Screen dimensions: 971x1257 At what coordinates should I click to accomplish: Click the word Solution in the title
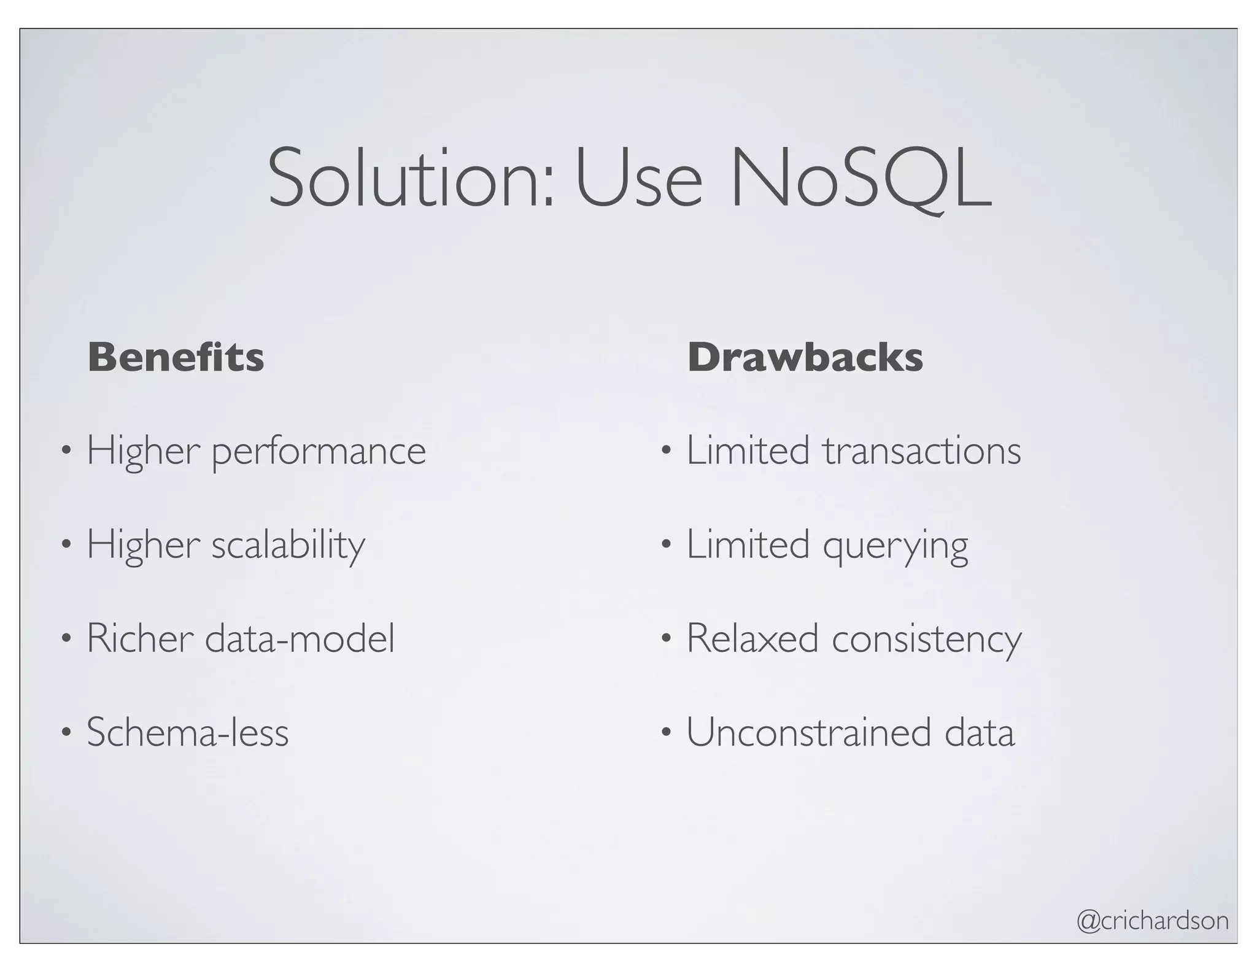tap(411, 178)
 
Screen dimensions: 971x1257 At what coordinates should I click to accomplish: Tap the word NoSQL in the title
tap(859, 178)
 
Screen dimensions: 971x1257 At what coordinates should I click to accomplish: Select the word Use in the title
tap(638, 178)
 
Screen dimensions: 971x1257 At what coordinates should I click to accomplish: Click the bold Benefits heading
tap(176, 357)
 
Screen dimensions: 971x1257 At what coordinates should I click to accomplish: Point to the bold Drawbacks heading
tap(805, 357)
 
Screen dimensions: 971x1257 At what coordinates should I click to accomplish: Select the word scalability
tap(288, 545)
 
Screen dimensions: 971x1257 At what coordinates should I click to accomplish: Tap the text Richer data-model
tap(241, 638)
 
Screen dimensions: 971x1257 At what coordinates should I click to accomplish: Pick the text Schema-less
tap(187, 732)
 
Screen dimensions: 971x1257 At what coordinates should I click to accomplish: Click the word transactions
tap(922, 451)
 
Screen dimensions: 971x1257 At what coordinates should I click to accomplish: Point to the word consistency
tap(926, 640)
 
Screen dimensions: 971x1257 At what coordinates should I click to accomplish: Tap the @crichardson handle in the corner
tap(1153, 921)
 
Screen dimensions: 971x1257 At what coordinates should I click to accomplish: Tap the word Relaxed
tap(752, 638)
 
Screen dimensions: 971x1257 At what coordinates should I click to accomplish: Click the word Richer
tap(140, 638)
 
